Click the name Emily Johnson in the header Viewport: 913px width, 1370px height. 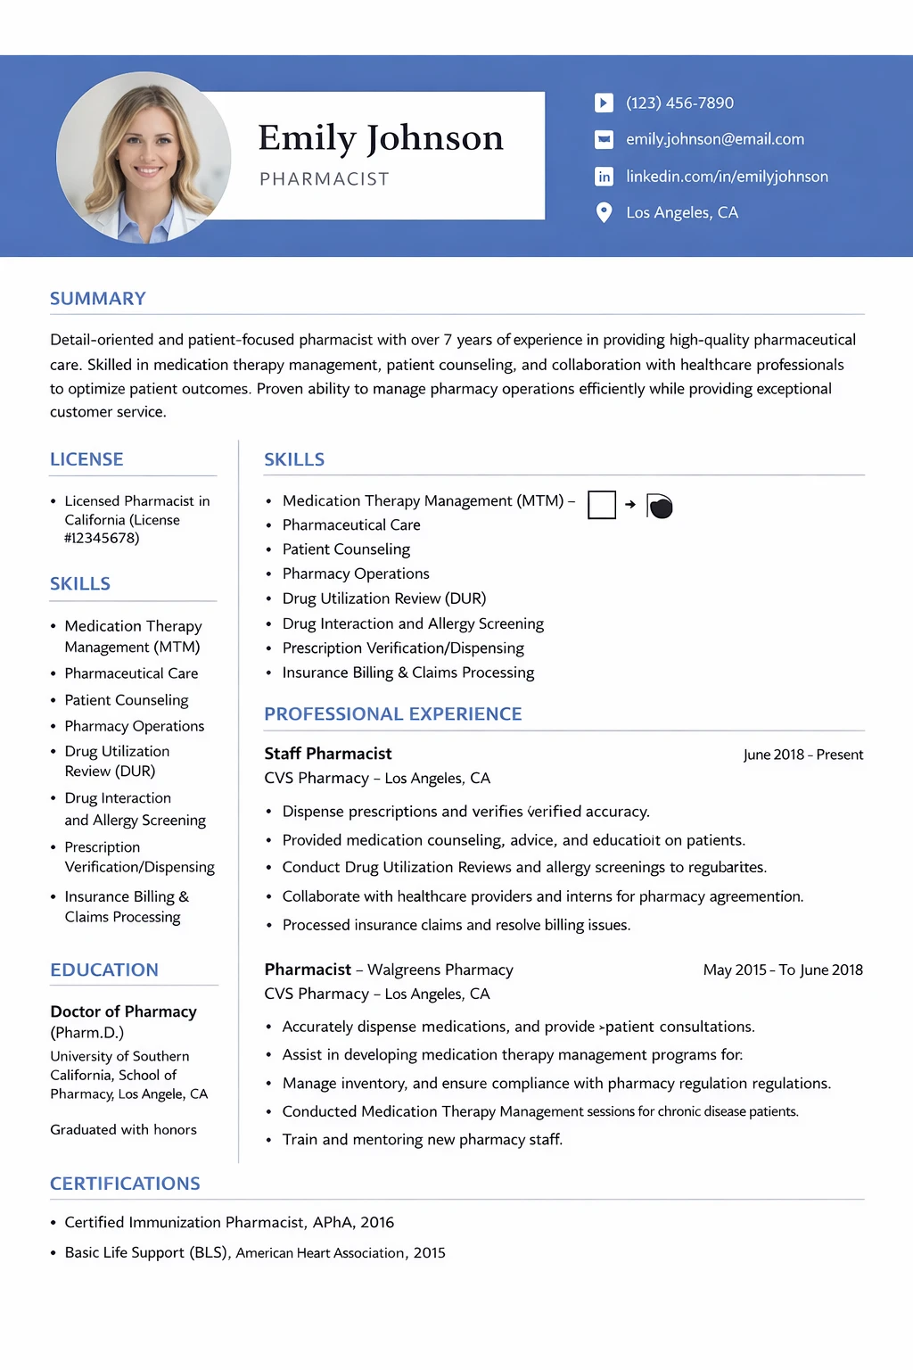click(381, 138)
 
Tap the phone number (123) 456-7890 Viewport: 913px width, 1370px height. click(679, 103)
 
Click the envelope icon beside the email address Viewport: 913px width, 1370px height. click(604, 139)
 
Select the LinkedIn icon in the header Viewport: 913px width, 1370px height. click(604, 177)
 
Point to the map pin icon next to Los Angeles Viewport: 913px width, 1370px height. click(604, 212)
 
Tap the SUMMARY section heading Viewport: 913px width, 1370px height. click(97, 299)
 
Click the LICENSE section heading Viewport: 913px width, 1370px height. click(86, 459)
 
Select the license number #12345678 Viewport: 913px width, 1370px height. click(102, 538)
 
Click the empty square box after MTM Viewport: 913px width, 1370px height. click(602, 505)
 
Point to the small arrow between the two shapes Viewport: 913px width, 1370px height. click(630, 505)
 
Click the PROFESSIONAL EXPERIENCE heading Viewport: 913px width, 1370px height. click(392, 714)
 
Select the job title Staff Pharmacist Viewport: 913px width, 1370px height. click(328, 754)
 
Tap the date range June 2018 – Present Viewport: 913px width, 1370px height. click(802, 755)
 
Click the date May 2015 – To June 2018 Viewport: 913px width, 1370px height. click(783, 970)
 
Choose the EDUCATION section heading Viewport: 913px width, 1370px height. click(104, 970)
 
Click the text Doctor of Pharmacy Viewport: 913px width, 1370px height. click(123, 1011)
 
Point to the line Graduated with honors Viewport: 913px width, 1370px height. click(123, 1129)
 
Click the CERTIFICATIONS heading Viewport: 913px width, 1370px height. click(125, 1184)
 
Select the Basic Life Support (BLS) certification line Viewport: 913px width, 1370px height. click(254, 1252)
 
